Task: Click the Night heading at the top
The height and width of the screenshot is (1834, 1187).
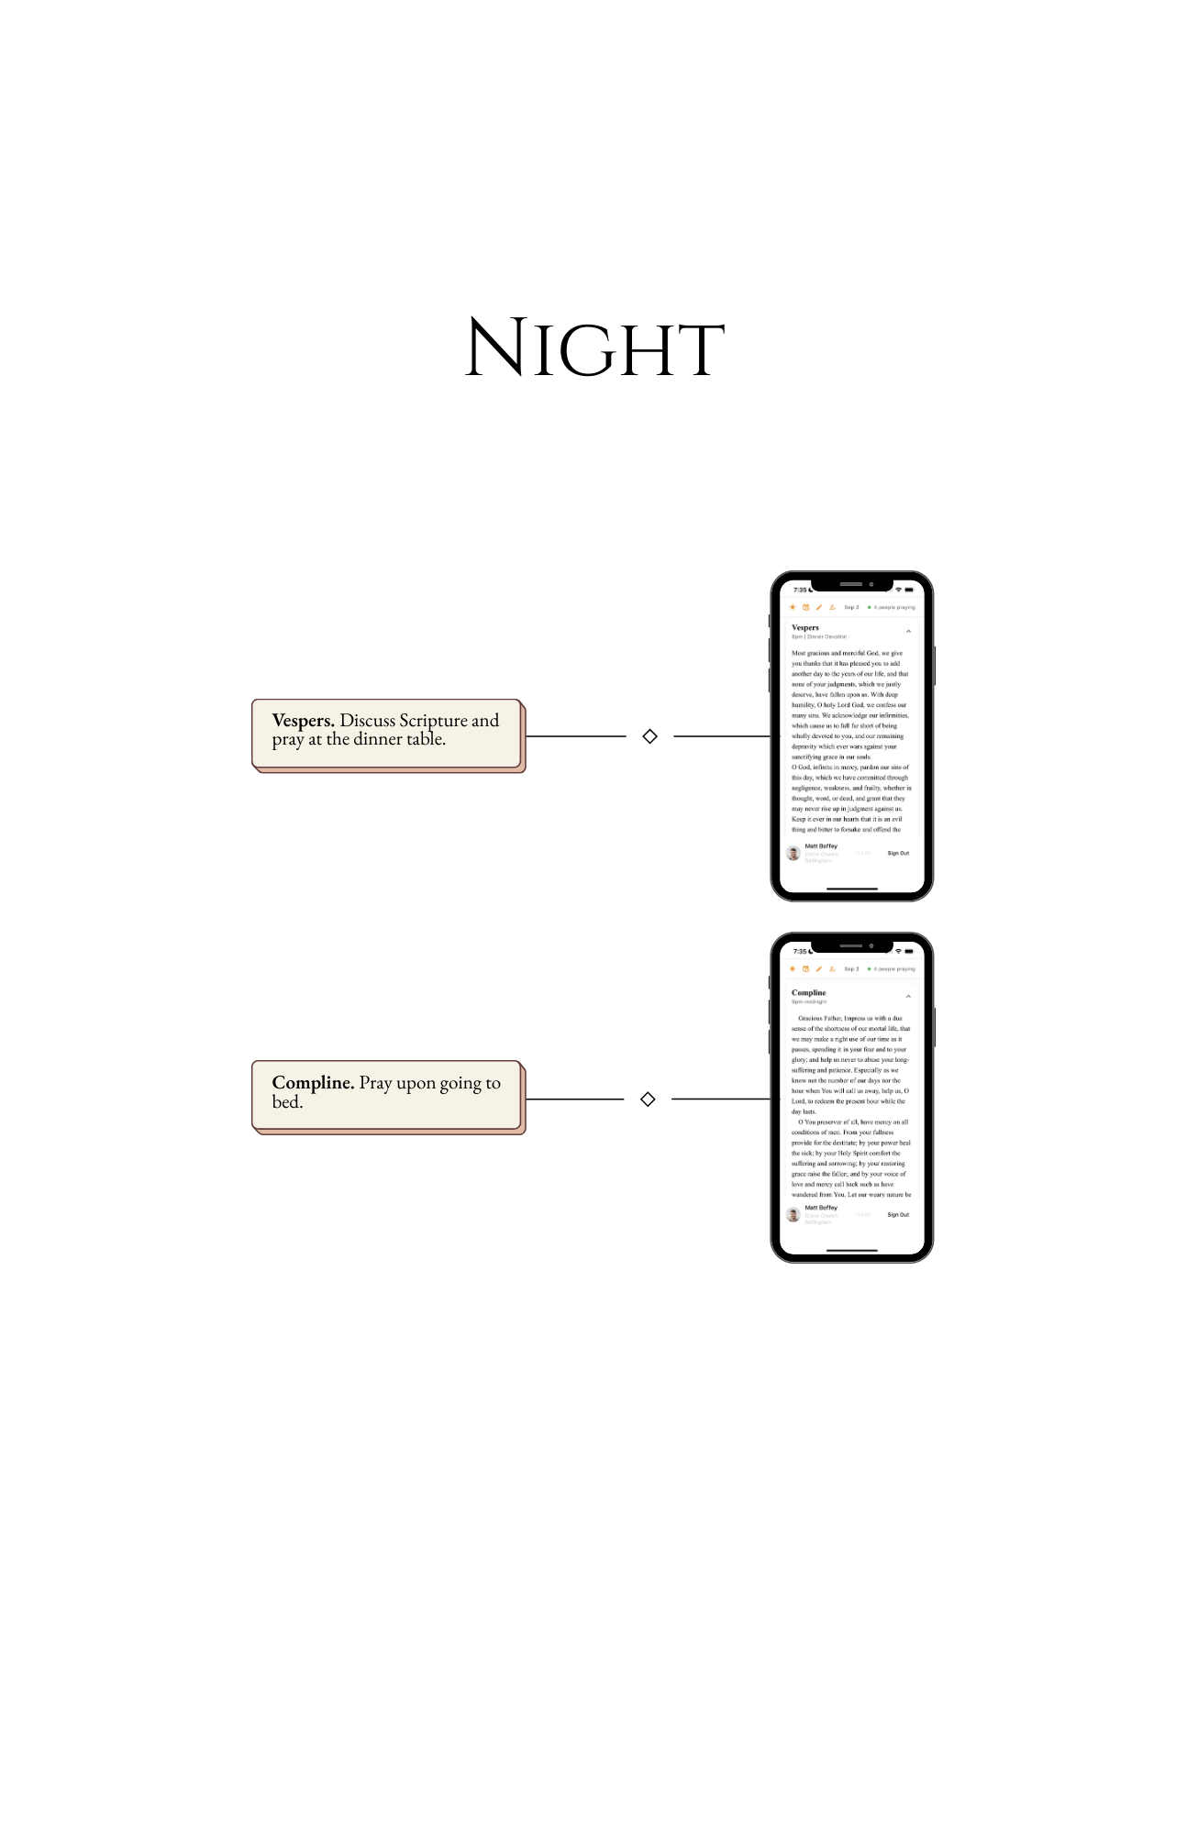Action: pos(594,348)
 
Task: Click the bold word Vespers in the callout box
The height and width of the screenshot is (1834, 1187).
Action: pos(303,721)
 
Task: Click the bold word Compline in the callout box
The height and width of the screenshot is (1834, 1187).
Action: pos(313,1083)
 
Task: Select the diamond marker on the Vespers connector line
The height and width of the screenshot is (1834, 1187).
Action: pos(649,736)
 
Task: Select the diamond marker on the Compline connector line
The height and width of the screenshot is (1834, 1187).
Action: pos(648,1099)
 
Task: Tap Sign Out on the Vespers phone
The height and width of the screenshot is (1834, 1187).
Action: pos(898,853)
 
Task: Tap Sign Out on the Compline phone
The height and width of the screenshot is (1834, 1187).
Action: pos(898,1214)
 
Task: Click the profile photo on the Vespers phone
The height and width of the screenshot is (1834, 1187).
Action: pos(793,853)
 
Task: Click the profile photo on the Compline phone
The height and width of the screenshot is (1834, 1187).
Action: pos(793,1214)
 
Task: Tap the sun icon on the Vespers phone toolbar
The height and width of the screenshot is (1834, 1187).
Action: pos(793,607)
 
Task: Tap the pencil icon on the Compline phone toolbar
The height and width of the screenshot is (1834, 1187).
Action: pos(819,968)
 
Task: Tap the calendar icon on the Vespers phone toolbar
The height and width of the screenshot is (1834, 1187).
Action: pos(806,607)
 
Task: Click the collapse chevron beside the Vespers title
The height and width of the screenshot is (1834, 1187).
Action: pos(908,631)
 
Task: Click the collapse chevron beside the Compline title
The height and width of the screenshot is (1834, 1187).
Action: pos(908,996)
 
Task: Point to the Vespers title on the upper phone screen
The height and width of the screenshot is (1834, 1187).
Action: pos(805,627)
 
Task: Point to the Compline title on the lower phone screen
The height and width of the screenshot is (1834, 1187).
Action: pos(808,992)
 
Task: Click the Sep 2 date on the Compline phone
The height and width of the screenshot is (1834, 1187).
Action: pos(851,968)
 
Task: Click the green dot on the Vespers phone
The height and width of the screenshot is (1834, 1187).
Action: pos(869,607)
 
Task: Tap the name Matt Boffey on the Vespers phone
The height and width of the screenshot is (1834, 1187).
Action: pos(821,845)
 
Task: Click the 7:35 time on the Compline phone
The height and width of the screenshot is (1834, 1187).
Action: pos(800,951)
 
